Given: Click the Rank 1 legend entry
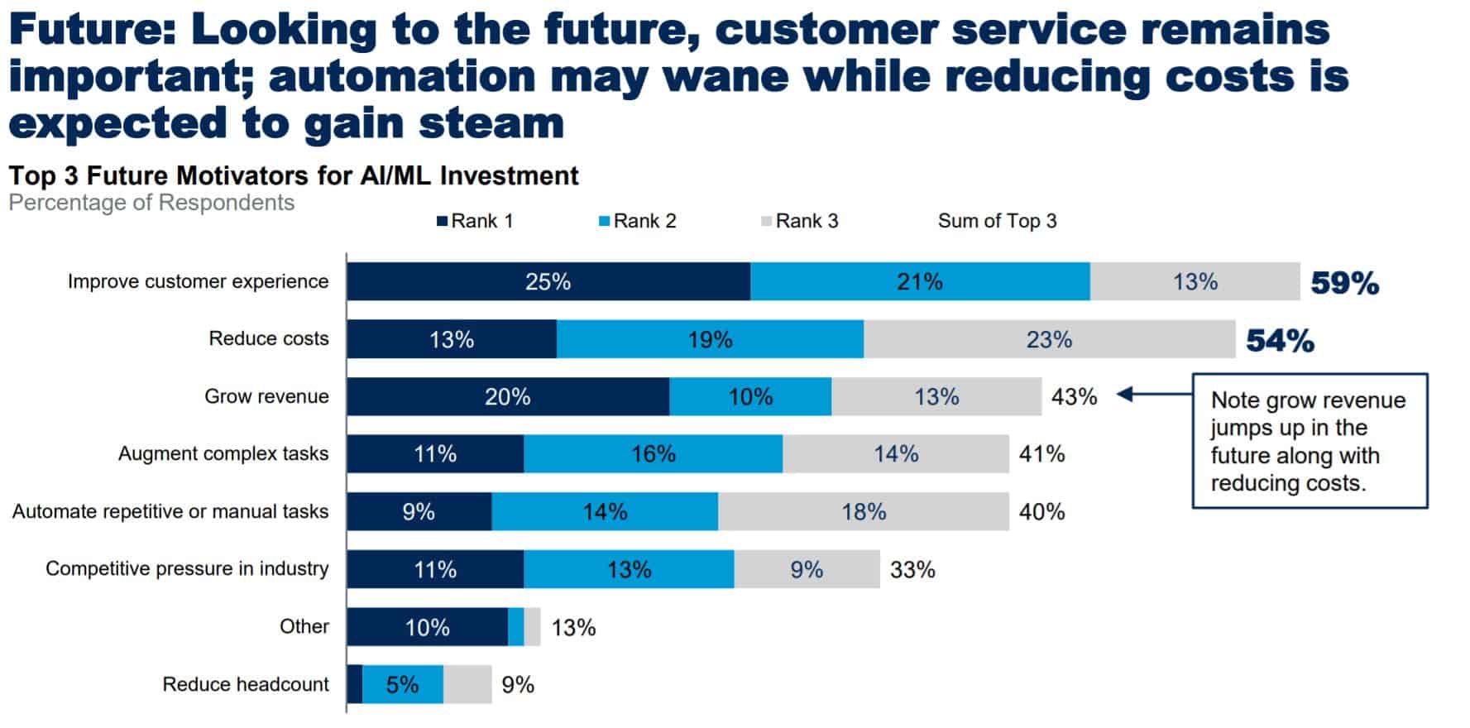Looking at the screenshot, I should [476, 221].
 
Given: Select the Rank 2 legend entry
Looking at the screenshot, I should [638, 221].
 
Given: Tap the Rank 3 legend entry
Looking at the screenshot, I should [800, 221].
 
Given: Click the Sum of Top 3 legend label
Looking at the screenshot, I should [997, 221].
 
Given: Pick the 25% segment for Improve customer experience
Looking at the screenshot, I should [548, 282].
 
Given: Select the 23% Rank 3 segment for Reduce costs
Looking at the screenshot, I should [1049, 339].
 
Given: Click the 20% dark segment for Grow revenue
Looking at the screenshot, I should [507, 397].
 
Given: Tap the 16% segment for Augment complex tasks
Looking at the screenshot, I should [653, 454].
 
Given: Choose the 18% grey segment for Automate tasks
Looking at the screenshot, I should [864, 512].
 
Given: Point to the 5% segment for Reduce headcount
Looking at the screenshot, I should [402, 685].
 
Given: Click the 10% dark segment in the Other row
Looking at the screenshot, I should [427, 627].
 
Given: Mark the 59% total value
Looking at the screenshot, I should [1344, 283].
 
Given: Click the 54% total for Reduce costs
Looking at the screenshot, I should [1280, 341].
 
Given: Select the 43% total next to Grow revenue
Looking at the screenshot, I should [1074, 397].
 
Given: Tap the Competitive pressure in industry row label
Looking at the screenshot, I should [187, 569].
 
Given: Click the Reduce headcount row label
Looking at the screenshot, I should [245, 685].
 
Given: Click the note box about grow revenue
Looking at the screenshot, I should [1309, 441].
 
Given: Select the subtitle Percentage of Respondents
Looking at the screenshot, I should [151, 203].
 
